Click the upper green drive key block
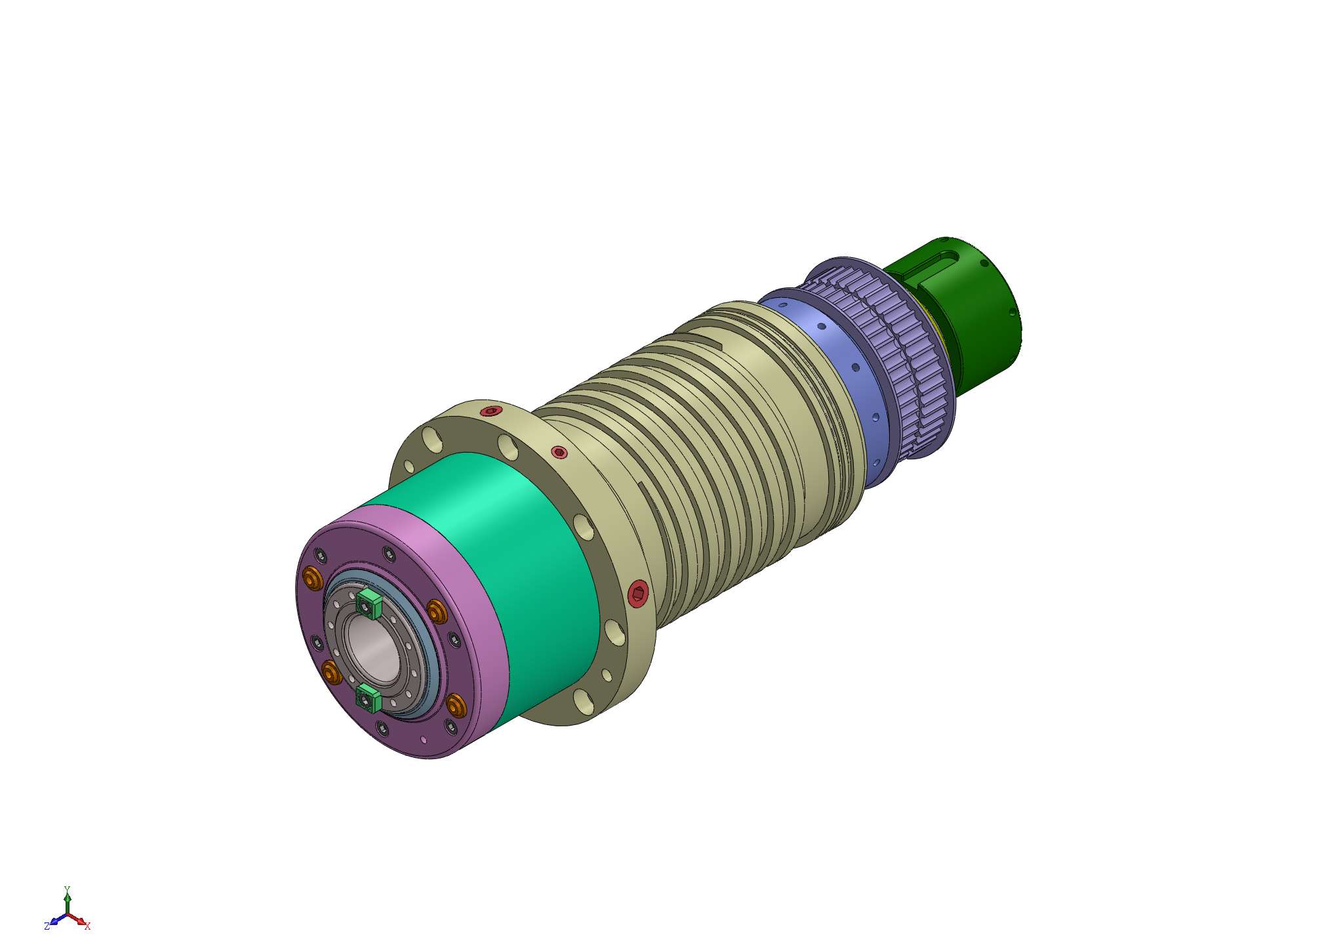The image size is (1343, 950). (370, 602)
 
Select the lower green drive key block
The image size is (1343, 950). (369, 698)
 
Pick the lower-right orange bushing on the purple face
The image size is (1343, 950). (456, 705)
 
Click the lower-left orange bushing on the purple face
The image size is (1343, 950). (331, 672)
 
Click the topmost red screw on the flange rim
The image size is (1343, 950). (490, 411)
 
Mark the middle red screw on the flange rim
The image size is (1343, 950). (559, 452)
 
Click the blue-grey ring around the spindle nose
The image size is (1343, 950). (430, 646)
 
